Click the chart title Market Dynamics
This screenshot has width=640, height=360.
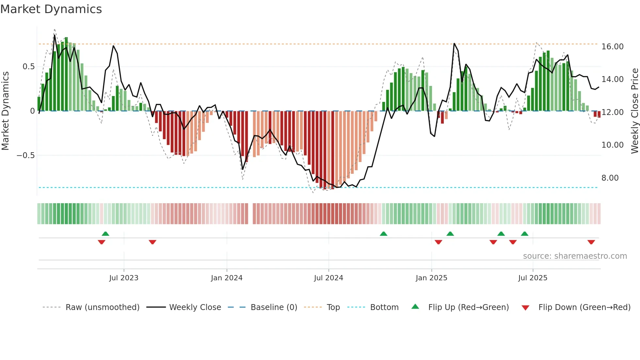pos(51,9)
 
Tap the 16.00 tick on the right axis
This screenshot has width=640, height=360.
pos(612,47)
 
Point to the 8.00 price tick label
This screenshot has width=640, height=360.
pos(610,178)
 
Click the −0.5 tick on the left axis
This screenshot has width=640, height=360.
pos(25,155)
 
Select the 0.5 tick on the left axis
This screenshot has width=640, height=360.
pos(28,67)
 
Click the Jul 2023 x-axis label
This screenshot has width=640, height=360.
pos(124,278)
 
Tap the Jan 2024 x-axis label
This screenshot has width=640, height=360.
pos(227,278)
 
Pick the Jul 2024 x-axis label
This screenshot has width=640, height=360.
pos(328,278)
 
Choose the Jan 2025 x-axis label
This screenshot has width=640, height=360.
pos(431,278)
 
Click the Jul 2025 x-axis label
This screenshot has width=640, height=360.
pos(533,278)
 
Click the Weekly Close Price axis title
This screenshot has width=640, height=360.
pos(634,111)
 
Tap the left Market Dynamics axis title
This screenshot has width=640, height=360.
pos(5,111)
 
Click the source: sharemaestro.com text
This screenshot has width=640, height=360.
pos(575,256)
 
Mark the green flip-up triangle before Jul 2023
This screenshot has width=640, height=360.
pos(105,234)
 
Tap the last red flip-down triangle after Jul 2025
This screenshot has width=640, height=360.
pos(591,242)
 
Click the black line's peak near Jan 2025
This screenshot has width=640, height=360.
pos(454,43)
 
